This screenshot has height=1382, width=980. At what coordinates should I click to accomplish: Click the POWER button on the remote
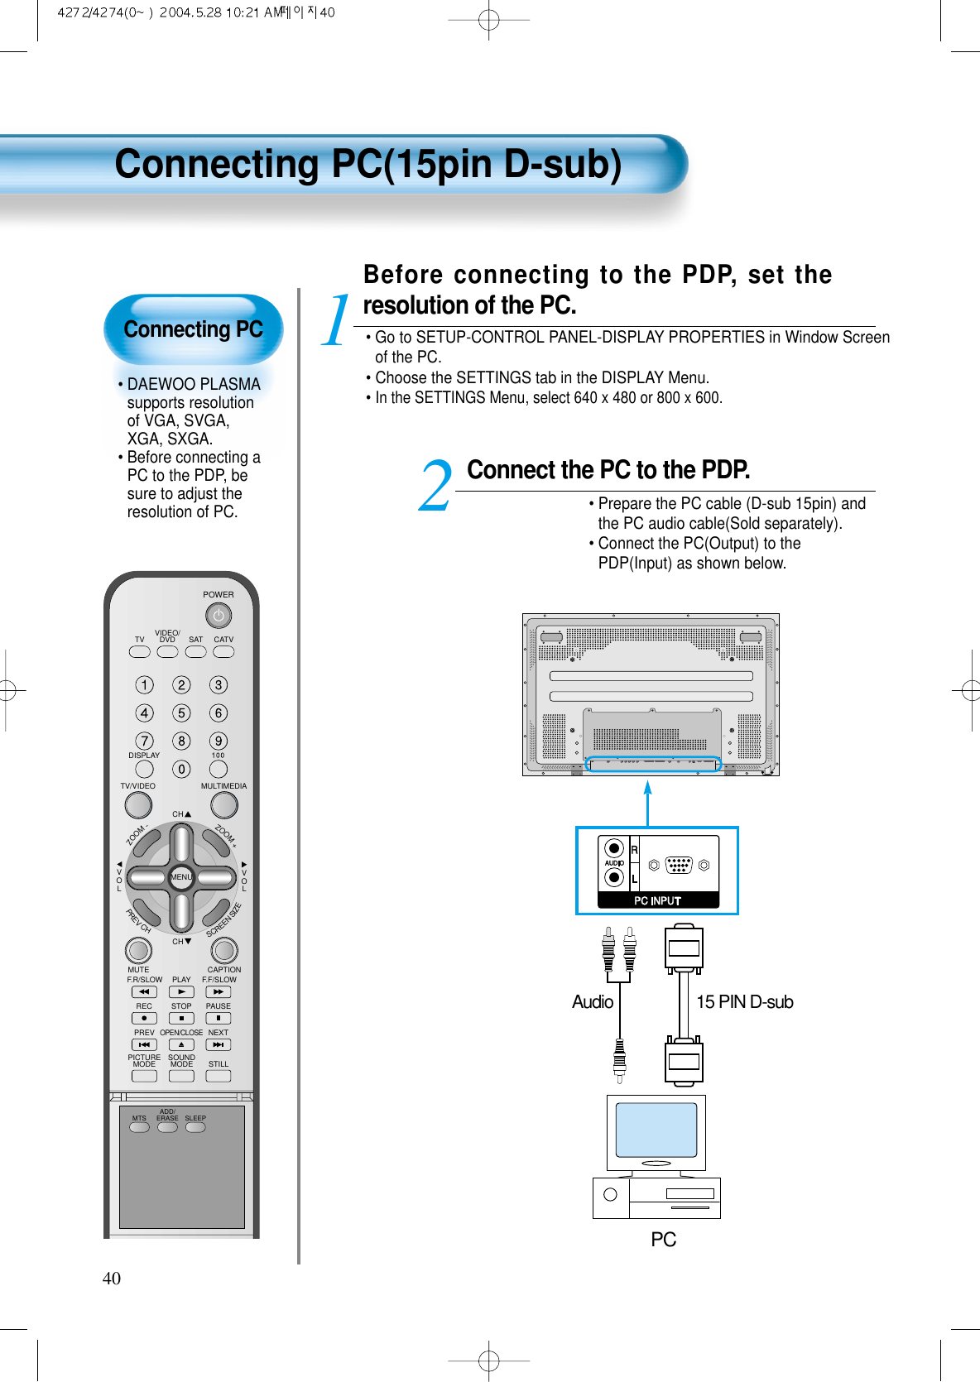pos(218,616)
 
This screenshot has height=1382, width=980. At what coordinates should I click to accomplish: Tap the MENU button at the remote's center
pos(181,877)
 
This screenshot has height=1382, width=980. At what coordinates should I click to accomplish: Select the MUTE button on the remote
pos(138,950)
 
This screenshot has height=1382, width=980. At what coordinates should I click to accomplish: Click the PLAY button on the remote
pos(181,991)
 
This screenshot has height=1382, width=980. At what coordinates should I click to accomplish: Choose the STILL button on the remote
pos(219,1076)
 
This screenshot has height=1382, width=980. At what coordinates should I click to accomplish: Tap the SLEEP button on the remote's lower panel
pos(195,1127)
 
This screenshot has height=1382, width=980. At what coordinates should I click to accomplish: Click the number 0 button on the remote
pos(181,770)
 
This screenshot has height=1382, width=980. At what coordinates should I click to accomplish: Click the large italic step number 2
pos(435,487)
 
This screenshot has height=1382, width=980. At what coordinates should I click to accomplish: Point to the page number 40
pos(112,1279)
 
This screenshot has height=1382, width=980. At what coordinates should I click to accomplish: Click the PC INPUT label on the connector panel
pos(657,900)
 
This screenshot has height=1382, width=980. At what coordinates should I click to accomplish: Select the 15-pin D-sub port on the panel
pos(678,866)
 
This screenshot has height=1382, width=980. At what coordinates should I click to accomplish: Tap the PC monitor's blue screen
pos(656,1130)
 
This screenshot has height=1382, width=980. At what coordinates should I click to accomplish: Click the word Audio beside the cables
pos(593,1002)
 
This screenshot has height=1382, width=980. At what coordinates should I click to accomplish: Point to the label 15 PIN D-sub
pos(744,1002)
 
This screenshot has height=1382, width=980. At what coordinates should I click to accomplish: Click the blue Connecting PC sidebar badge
pos(193,329)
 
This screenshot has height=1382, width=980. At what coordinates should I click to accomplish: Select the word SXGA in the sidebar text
pos(189,439)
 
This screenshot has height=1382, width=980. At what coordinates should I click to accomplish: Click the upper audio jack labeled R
pos(613,848)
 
